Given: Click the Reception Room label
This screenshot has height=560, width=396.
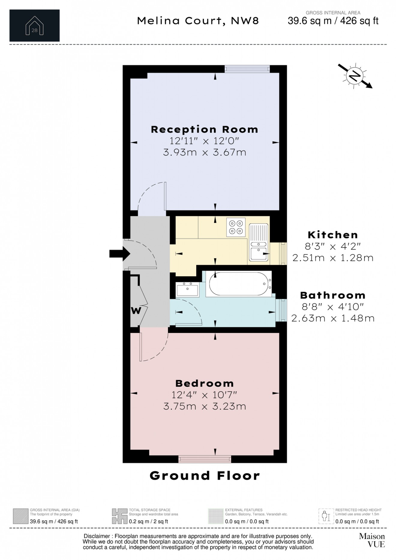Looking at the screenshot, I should [x=204, y=130].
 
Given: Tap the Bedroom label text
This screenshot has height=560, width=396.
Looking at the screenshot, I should [x=204, y=383].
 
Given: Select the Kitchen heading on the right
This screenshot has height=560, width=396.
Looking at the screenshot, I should [x=333, y=235].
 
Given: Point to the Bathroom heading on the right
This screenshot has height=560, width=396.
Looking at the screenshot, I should [x=333, y=295].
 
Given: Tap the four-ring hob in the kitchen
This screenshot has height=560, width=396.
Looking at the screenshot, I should [x=236, y=227].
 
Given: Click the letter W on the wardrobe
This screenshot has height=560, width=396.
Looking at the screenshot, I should [x=136, y=311].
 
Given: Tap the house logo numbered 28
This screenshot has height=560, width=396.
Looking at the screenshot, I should [x=34, y=25].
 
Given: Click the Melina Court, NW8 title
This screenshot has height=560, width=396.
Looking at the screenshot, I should [x=198, y=21].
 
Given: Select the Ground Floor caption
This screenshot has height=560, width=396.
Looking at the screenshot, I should [x=205, y=476].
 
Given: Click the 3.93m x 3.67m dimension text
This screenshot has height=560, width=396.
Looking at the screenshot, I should [x=204, y=152].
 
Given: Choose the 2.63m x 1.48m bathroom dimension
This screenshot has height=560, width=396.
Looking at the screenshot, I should [x=333, y=318].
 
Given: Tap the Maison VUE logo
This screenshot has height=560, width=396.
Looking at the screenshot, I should [x=372, y=540].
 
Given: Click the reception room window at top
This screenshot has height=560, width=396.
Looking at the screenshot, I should [x=247, y=69].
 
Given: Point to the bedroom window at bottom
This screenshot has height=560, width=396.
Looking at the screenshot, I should [x=205, y=459].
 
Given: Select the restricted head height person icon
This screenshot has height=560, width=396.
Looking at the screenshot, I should [x=326, y=516].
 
